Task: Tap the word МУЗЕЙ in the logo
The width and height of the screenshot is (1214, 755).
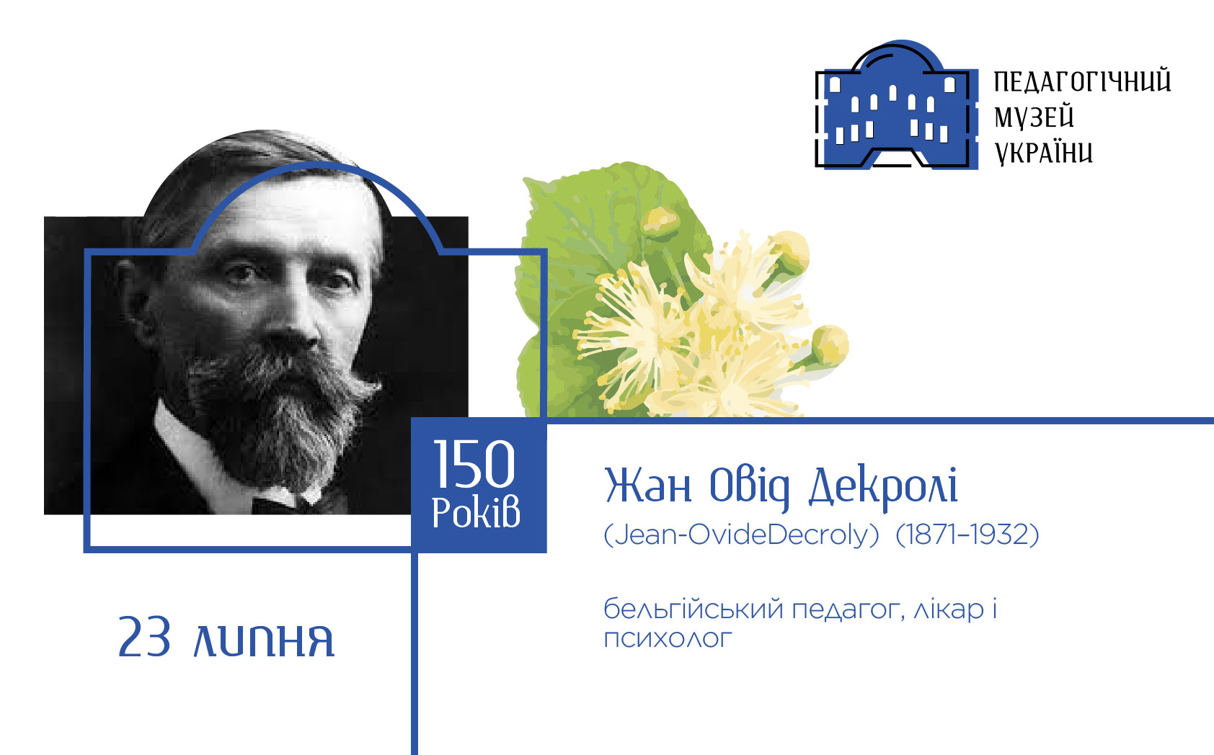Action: pos(1034,117)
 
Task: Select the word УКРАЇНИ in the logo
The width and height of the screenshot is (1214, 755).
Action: pos(1043,153)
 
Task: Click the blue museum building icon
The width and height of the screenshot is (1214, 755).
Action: pos(897,104)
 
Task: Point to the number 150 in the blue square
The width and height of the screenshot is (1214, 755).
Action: pos(474,464)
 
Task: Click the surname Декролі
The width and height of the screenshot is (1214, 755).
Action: pos(883,486)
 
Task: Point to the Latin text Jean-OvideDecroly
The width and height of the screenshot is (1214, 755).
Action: pos(741,535)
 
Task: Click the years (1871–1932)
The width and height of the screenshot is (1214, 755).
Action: pos(967,535)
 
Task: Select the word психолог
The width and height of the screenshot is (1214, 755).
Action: pos(668,639)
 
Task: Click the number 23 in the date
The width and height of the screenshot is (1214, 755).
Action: pos(144,637)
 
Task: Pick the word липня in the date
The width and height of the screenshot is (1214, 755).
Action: pos(264,640)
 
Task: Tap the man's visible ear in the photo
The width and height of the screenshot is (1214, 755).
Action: pos(133,298)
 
